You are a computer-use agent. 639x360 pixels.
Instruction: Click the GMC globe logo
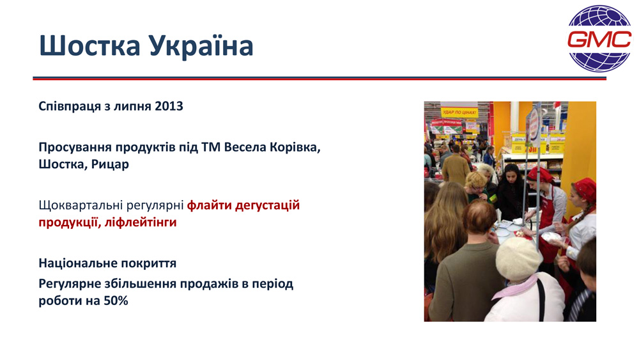(599, 39)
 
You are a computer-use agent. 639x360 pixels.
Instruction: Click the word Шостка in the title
(89, 45)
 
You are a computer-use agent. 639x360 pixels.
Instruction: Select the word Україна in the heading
(201, 45)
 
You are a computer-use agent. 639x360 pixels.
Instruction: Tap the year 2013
(169, 106)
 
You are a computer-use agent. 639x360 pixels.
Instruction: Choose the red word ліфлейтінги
(141, 223)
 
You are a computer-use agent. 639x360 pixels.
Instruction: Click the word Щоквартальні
(81, 205)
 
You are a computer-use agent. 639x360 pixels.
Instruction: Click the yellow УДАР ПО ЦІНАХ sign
(459, 112)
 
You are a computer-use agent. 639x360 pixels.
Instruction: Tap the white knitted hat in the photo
(518, 258)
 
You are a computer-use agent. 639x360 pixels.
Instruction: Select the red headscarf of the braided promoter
(585, 189)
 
